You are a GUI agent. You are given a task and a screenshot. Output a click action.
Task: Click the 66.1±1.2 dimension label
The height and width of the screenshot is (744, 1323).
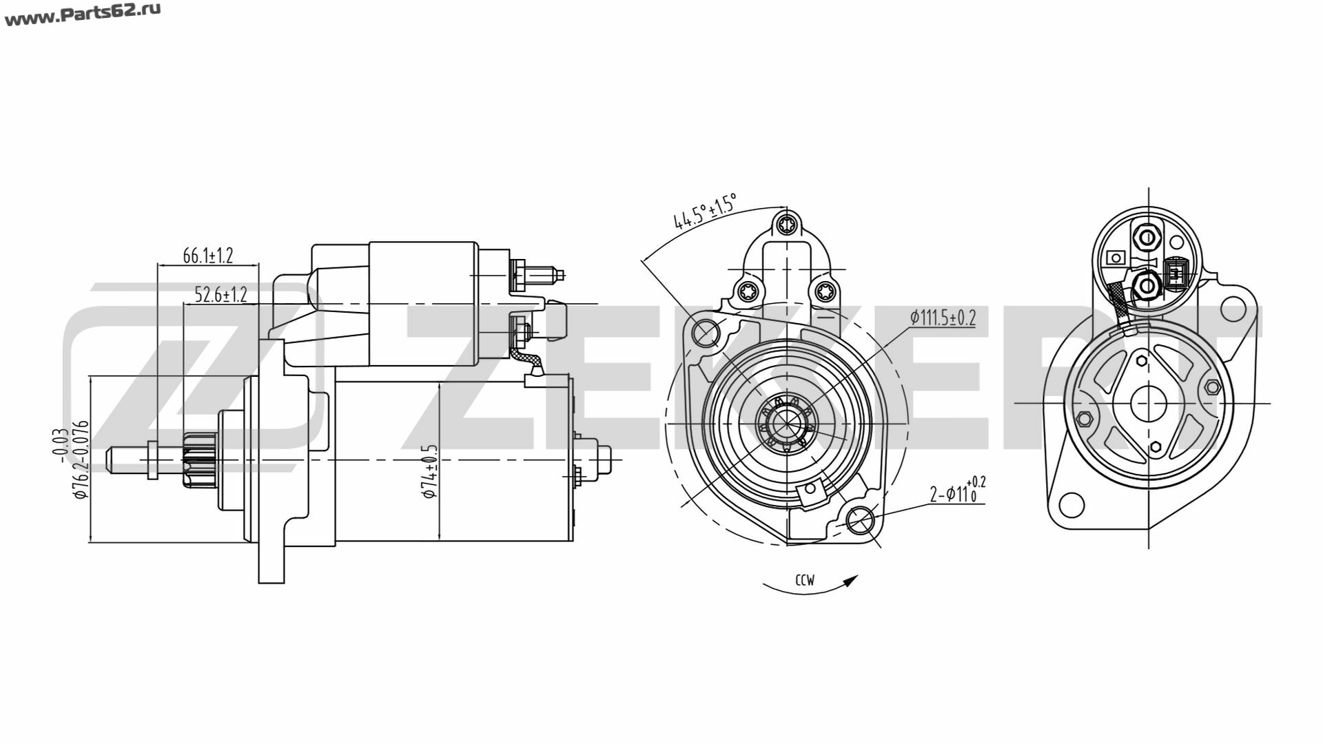coord(208,256)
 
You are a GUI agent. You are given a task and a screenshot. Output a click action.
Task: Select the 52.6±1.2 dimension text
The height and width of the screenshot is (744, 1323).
coord(220,296)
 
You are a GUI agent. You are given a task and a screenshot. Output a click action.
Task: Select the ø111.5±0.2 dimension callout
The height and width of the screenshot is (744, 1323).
coord(942,318)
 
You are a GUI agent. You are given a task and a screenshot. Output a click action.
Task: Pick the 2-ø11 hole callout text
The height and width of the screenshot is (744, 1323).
coord(957,491)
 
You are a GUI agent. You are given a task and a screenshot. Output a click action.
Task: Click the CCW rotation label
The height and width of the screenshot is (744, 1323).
coord(804,580)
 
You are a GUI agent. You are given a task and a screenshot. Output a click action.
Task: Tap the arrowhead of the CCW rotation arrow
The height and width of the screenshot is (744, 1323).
coord(852,580)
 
